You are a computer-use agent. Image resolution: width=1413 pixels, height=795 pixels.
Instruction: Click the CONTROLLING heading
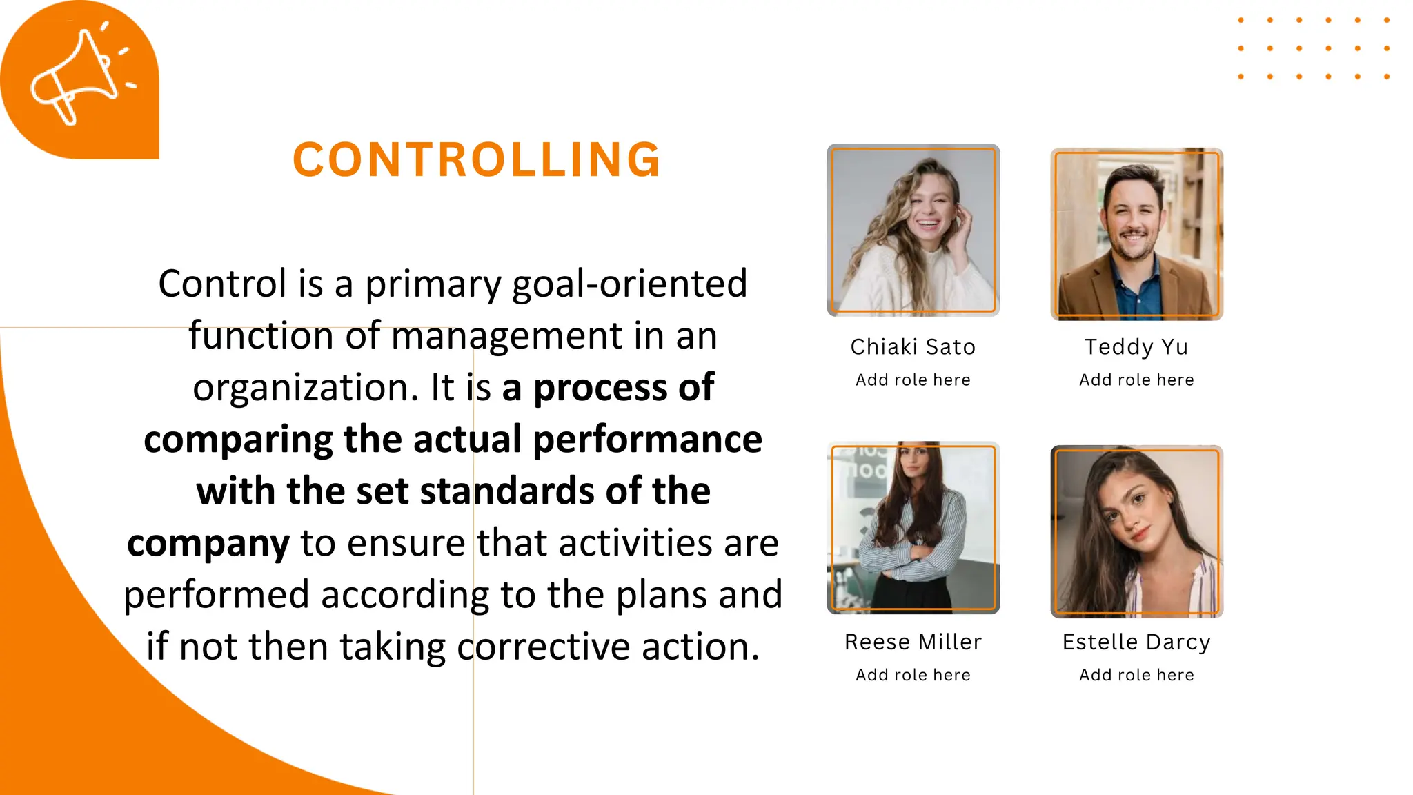pos(477,159)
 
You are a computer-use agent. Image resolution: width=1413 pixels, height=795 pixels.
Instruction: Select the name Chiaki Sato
pos(913,346)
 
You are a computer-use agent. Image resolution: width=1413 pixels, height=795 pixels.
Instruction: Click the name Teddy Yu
pos(1136,346)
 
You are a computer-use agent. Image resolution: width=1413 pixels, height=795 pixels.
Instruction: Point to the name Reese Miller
pos(913,642)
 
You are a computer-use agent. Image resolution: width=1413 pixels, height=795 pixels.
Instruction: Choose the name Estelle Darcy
pos(1136,642)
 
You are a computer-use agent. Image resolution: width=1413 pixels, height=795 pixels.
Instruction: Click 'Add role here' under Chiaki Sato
pos(913,380)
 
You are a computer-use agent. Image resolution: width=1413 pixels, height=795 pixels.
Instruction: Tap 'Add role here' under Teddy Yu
pos(1136,380)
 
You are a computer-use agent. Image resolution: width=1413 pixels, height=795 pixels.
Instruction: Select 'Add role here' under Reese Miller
pos(913,675)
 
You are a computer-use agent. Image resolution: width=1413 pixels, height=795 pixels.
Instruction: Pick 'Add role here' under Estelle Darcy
pos(1136,675)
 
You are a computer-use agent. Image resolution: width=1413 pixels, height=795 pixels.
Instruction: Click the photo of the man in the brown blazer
pos(1136,233)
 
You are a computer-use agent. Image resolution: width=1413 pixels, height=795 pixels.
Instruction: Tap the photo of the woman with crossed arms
pos(913,528)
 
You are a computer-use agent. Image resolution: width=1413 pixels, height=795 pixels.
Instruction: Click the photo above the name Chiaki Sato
pos(913,230)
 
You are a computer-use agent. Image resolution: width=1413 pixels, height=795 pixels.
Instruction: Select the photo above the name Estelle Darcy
pos(1136,531)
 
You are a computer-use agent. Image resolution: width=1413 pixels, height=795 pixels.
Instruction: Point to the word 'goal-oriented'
pos(629,284)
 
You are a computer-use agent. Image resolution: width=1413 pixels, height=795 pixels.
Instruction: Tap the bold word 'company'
pos(208,544)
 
